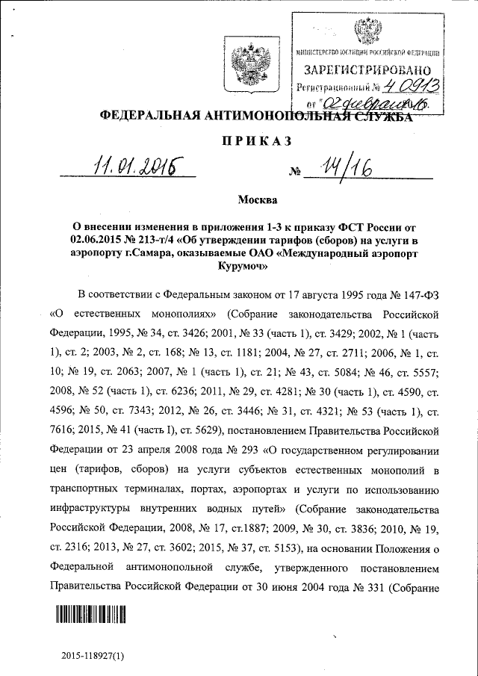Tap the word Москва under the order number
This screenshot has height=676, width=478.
point(255,200)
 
